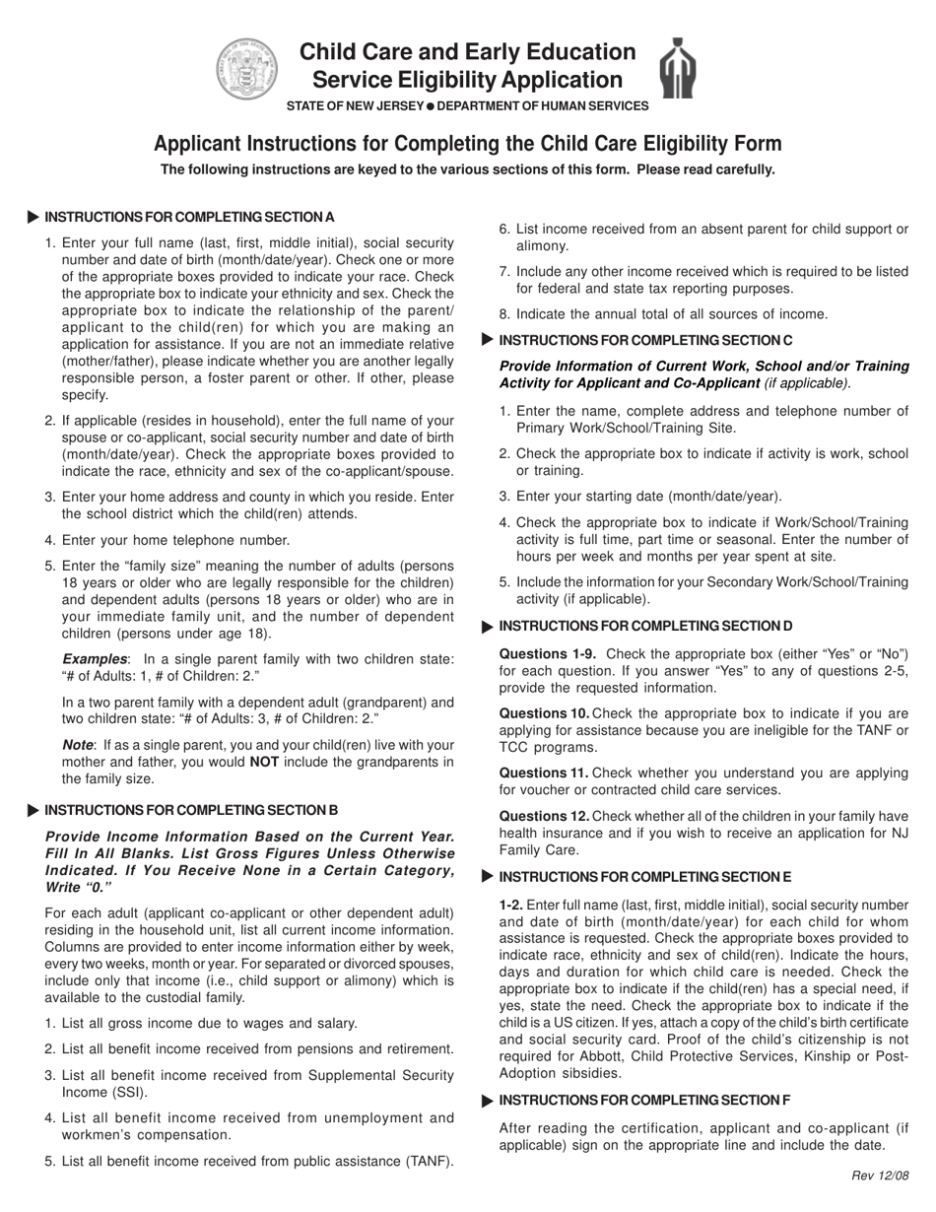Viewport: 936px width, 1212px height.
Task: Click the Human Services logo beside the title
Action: coord(678,69)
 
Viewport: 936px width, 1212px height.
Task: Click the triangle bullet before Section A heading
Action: coord(33,217)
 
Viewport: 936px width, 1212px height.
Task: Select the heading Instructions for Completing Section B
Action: coord(191,810)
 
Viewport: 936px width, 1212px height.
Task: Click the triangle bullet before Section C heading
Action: coord(488,340)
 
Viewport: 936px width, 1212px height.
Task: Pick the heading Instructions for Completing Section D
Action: coord(645,626)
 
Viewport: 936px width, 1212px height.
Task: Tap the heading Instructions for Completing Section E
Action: coord(645,877)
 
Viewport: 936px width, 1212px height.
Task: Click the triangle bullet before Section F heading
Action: coord(488,1100)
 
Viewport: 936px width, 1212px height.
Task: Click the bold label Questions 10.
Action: coord(544,712)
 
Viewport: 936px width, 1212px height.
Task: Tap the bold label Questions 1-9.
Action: coord(541,653)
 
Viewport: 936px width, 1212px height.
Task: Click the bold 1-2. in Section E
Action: coord(511,904)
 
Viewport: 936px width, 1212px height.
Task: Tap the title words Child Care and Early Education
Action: coord(467,52)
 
